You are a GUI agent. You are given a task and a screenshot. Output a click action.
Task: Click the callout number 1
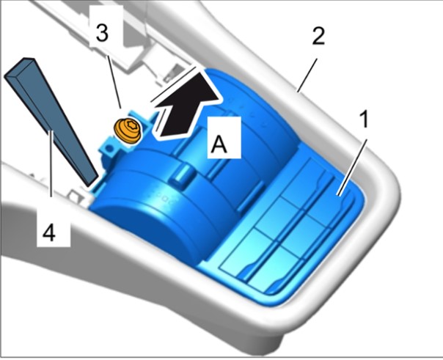click(x=365, y=119)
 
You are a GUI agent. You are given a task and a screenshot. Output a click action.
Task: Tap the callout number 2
click(x=318, y=36)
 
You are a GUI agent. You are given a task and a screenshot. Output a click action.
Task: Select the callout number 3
click(x=102, y=32)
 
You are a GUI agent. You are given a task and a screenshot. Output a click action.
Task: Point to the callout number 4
click(x=49, y=233)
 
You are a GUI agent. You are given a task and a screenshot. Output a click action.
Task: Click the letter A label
click(x=219, y=143)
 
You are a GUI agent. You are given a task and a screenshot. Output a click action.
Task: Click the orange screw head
click(x=128, y=131)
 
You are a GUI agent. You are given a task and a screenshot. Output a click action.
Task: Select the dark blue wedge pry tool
click(x=51, y=121)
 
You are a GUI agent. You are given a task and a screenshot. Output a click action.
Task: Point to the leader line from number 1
click(x=352, y=167)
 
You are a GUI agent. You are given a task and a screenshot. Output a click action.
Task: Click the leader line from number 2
click(x=307, y=75)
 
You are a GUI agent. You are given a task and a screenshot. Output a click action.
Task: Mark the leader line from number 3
click(x=114, y=82)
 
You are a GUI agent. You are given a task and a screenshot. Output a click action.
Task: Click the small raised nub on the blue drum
click(x=183, y=175)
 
